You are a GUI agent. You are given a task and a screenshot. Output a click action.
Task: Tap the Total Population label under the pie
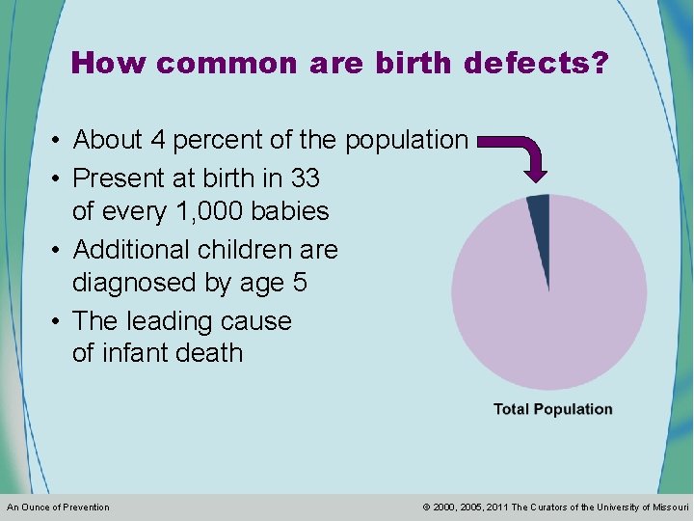point(552,409)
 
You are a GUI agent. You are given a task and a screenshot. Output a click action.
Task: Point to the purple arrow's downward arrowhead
point(535,172)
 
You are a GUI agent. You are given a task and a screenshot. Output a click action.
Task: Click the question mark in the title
point(599,64)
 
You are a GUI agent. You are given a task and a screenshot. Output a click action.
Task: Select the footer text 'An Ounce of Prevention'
point(58,507)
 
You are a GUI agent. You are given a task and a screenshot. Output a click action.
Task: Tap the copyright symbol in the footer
point(426,507)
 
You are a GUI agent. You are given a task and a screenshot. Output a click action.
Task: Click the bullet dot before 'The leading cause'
point(58,321)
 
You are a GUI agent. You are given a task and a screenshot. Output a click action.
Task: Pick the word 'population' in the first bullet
point(406,140)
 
